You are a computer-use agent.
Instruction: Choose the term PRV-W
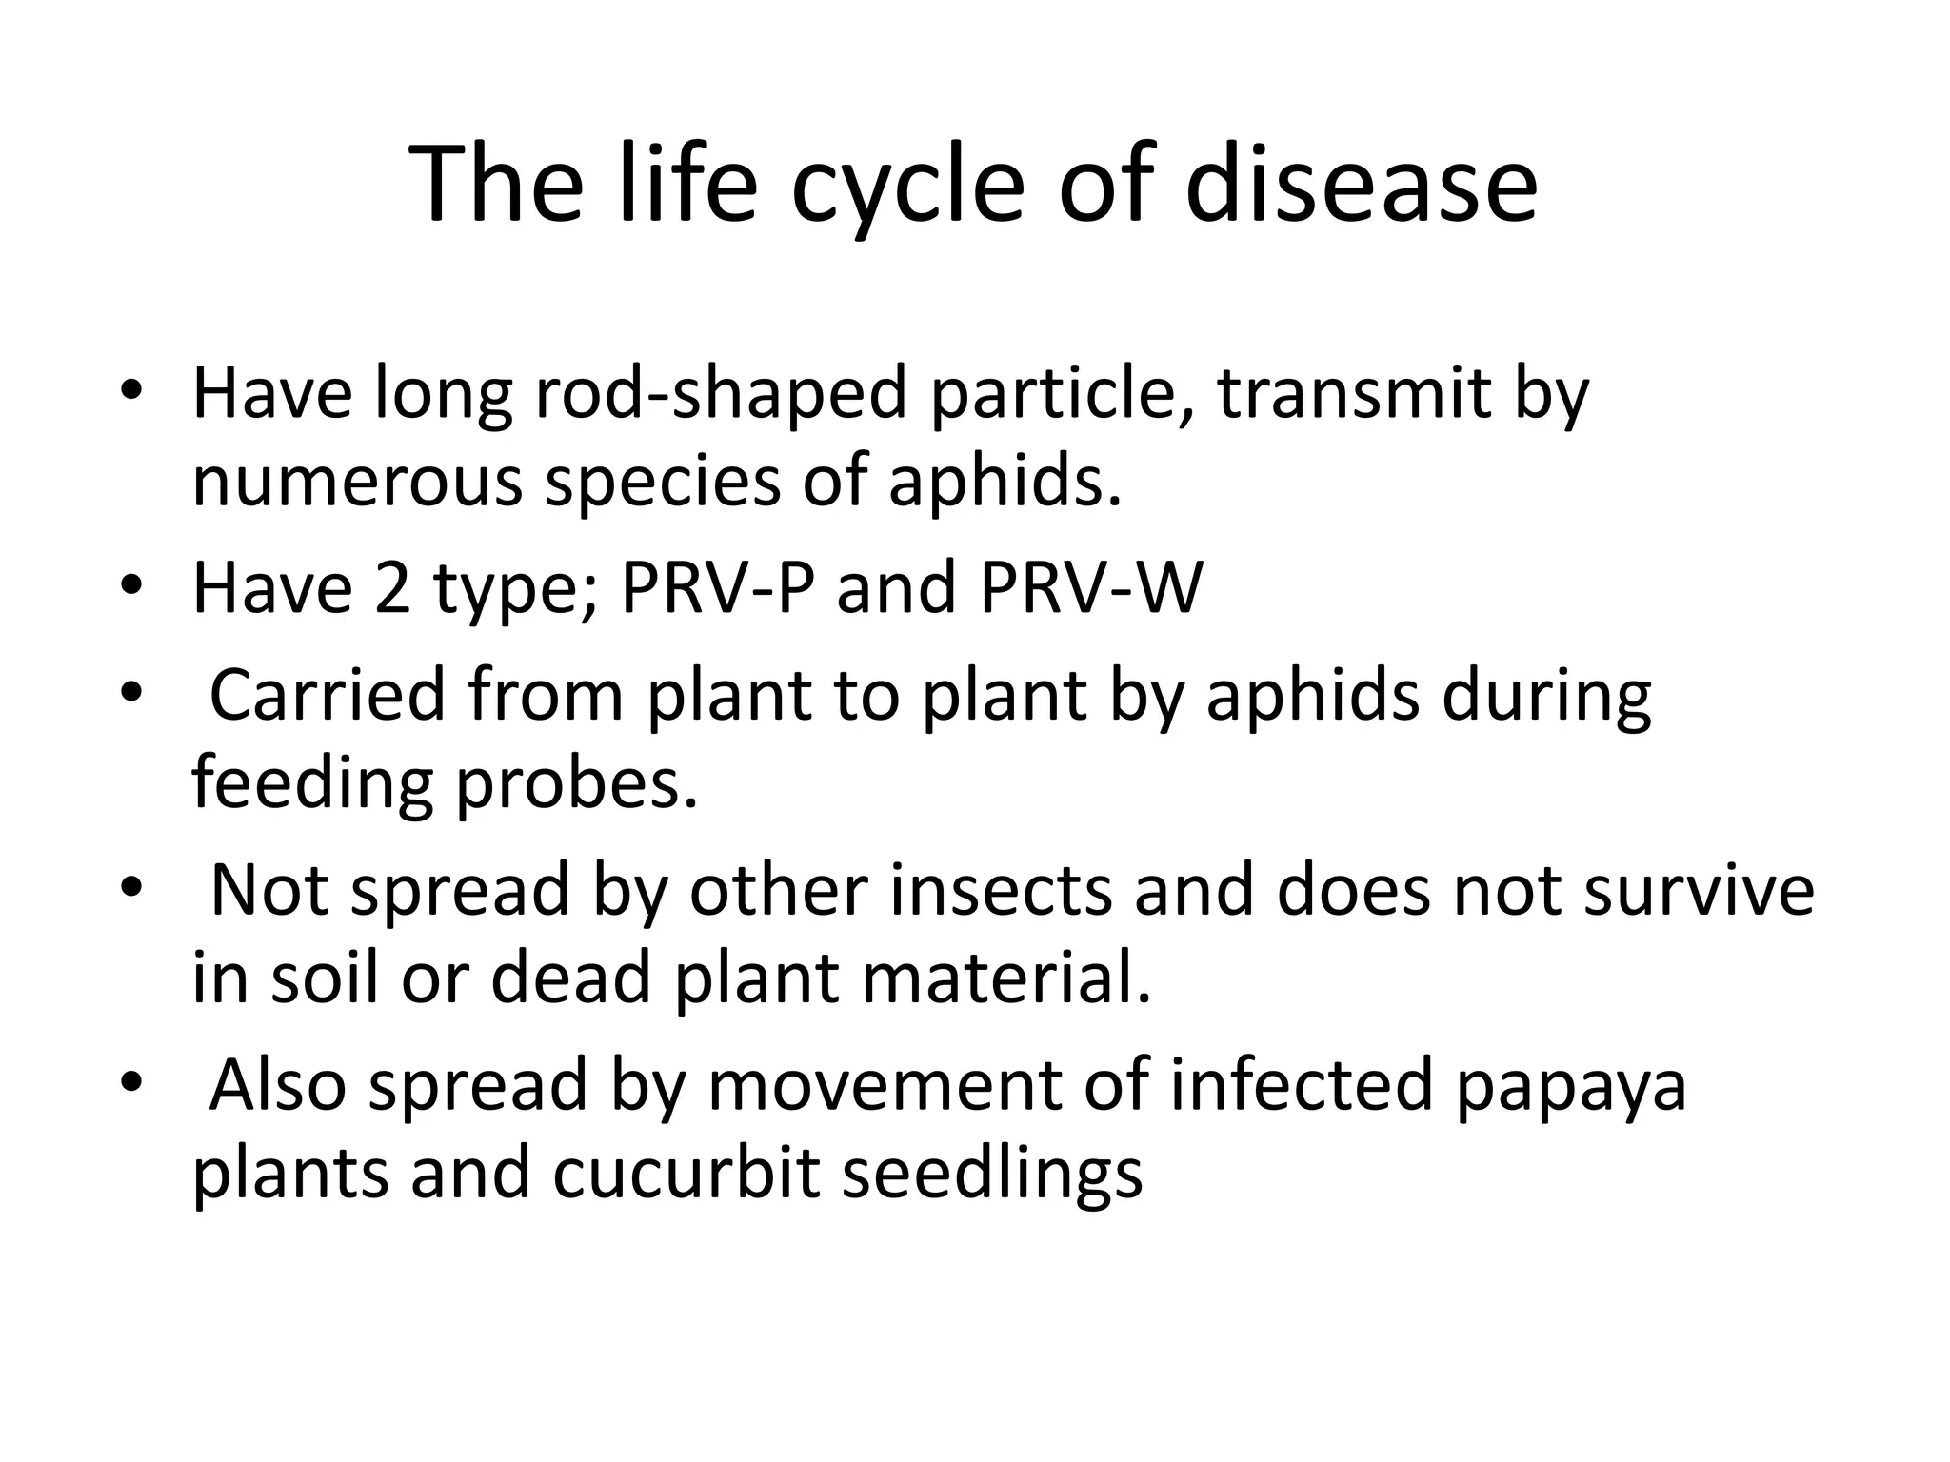1090,587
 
